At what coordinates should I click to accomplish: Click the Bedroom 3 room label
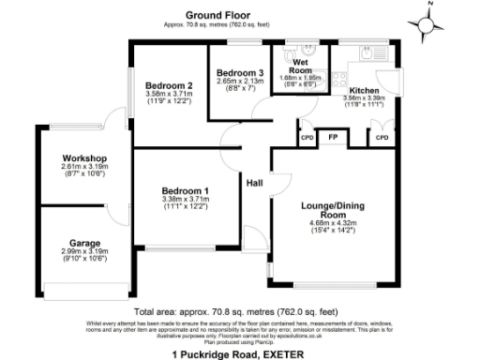click(x=240, y=72)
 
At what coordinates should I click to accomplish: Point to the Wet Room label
click(x=300, y=67)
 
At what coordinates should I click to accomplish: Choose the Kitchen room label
click(x=364, y=90)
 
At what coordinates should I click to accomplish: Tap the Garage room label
click(x=83, y=242)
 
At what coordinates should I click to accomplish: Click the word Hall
click(x=254, y=183)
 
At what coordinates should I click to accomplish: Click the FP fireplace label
click(x=332, y=137)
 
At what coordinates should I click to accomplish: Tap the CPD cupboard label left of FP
click(x=307, y=137)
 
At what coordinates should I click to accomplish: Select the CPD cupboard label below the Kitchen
click(x=382, y=137)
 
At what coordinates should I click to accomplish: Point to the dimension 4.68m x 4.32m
click(x=333, y=223)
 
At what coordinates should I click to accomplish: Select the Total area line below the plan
click(x=235, y=310)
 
